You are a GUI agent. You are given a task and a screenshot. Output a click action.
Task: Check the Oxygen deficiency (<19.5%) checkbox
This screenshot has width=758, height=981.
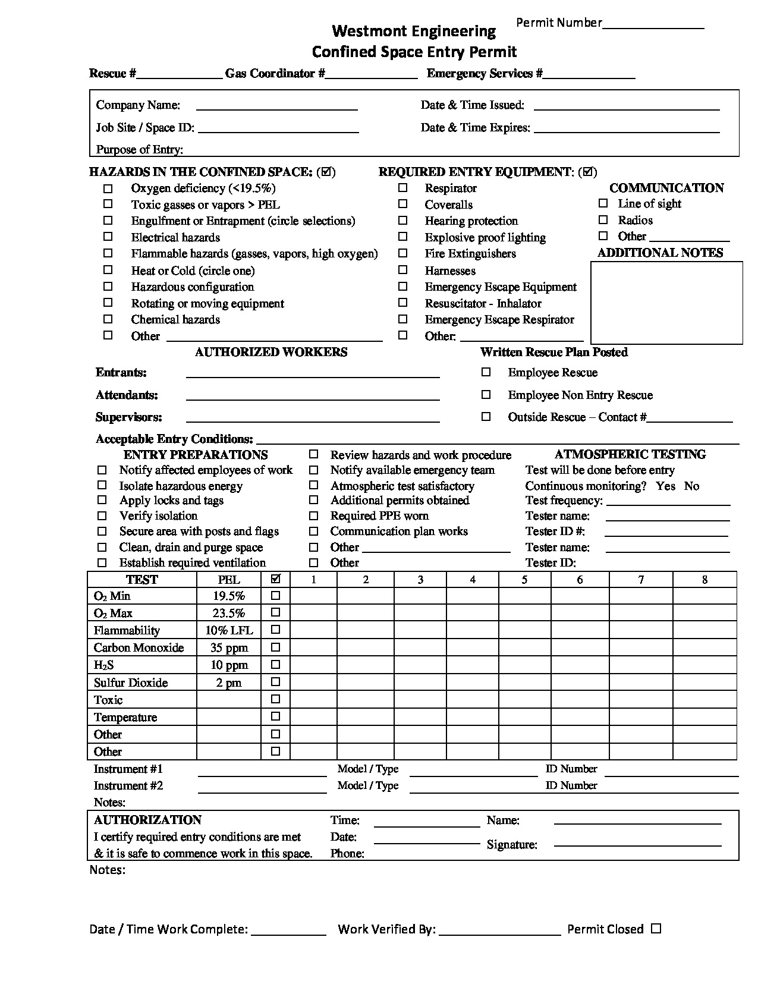click(x=108, y=188)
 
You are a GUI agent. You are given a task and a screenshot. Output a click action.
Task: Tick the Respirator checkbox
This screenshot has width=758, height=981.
click(x=403, y=188)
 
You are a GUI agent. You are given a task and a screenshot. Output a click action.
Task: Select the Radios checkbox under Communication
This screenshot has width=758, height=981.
click(x=603, y=220)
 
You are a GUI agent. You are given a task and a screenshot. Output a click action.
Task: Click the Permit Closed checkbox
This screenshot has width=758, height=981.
click(x=656, y=928)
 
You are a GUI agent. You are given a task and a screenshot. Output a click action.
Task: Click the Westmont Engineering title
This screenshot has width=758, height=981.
click(x=414, y=31)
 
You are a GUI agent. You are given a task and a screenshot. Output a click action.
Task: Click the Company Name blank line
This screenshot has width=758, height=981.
click(x=276, y=109)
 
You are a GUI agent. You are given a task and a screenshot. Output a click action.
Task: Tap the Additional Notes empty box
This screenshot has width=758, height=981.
click(x=666, y=303)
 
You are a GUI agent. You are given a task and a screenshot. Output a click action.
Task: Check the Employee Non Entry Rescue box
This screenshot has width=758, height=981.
click(x=486, y=395)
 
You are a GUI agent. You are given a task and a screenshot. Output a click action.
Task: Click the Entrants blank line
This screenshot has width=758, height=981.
click(x=313, y=376)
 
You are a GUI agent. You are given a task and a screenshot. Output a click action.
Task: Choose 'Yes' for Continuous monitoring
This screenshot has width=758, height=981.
click(x=665, y=486)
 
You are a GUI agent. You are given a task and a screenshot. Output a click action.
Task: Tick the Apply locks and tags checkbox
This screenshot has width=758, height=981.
click(x=102, y=501)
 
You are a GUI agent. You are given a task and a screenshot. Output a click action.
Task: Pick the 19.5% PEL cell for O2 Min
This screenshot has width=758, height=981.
click(x=229, y=596)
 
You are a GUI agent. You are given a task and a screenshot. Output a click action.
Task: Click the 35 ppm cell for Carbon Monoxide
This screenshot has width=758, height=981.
click(x=229, y=647)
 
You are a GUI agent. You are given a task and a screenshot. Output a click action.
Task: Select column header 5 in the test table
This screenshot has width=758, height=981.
click(x=524, y=580)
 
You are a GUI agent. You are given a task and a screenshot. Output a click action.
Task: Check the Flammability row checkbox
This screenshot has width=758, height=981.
click(x=276, y=630)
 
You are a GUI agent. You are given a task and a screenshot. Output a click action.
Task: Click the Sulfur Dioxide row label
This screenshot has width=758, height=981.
click(x=131, y=683)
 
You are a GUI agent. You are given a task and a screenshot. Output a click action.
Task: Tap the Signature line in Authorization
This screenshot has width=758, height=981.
click(x=637, y=844)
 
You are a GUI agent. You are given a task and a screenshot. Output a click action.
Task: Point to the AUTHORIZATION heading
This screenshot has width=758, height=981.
click(x=147, y=820)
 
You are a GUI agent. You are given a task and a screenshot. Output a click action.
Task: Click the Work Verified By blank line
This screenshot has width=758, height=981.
click(x=499, y=933)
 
